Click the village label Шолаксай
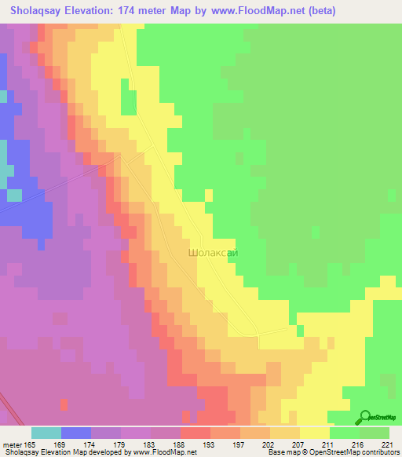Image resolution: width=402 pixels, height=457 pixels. pyautogui.click(x=213, y=254)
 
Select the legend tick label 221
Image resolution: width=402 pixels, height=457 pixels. pyautogui.click(x=388, y=444)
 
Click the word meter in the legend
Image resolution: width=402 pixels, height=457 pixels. pyautogui.click(x=12, y=444)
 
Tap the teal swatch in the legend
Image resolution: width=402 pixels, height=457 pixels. pyautogui.click(x=46, y=433)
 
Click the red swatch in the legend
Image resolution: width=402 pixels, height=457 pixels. pyautogui.click(x=196, y=433)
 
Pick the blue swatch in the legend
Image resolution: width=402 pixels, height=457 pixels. pyautogui.click(x=76, y=433)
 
